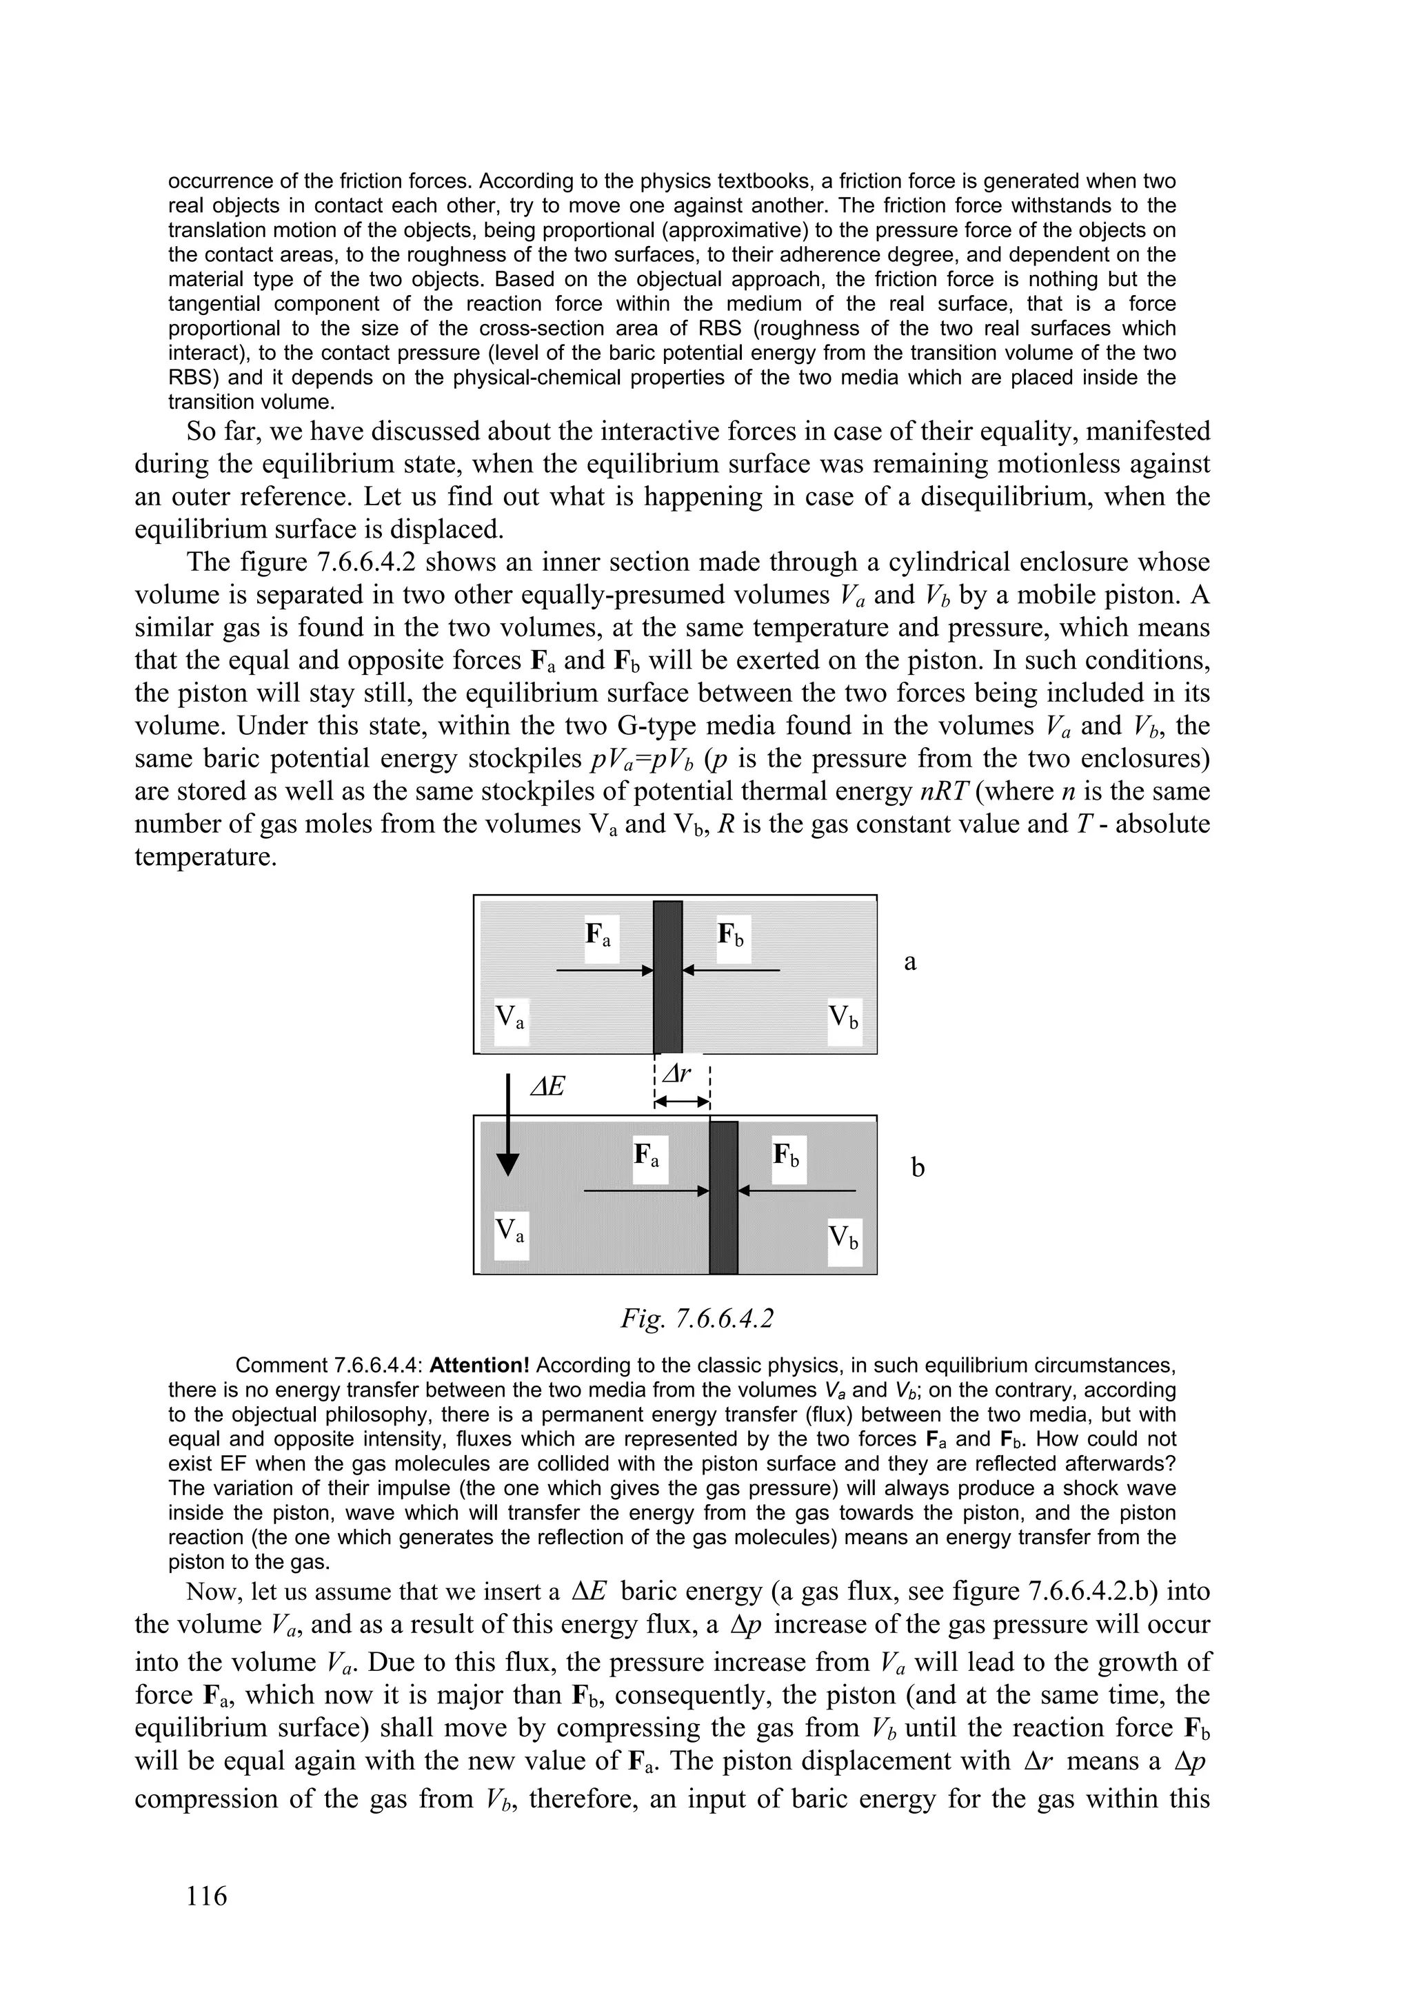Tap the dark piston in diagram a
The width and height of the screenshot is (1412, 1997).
(667, 976)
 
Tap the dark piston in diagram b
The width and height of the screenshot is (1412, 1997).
(723, 1197)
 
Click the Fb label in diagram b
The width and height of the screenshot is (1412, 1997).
(788, 1157)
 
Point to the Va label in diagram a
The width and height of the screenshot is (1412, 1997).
(510, 1017)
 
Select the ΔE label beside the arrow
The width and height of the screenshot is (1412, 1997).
(548, 1086)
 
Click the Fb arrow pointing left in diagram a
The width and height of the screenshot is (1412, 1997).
(732, 969)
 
